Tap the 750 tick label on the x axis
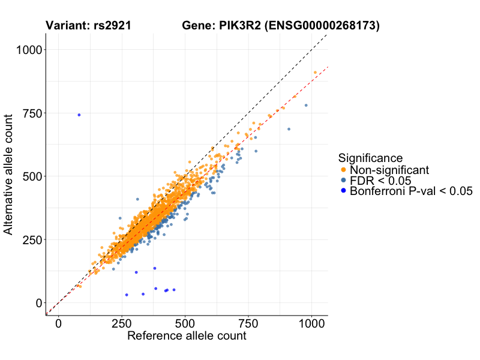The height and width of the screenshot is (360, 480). pos(248,323)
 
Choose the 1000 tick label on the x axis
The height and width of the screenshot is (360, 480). pos(311,323)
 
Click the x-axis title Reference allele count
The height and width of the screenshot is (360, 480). pos(187,336)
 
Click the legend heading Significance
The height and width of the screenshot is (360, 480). pos(370,158)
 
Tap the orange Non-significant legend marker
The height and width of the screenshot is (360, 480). pos(343,170)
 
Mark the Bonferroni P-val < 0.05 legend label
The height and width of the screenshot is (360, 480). pos(412,191)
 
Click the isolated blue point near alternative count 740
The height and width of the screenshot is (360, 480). pos(79,115)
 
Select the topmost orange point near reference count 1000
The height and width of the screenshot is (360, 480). pos(315,73)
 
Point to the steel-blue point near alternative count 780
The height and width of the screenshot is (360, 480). pos(306,105)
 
